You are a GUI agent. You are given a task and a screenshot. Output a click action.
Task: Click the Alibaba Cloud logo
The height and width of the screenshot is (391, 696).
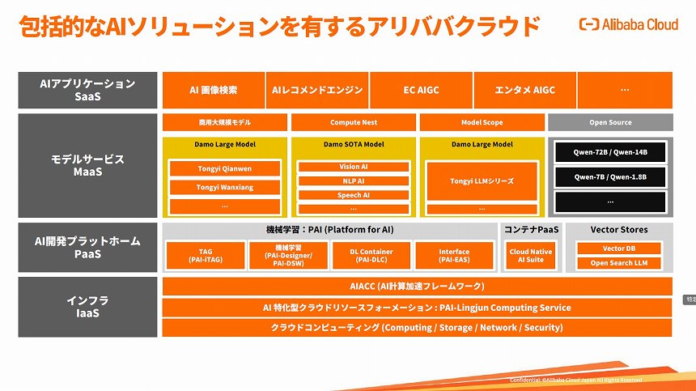click(628, 24)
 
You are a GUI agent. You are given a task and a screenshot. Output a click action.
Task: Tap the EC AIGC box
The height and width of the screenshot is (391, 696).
click(421, 90)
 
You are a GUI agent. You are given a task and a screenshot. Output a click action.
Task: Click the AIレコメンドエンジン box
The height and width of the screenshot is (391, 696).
click(317, 90)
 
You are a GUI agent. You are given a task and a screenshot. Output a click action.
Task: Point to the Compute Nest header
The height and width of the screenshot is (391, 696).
click(353, 122)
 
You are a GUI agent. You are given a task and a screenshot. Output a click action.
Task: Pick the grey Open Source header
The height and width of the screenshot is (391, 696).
click(610, 122)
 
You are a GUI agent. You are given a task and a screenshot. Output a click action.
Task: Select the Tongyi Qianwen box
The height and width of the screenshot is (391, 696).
click(225, 169)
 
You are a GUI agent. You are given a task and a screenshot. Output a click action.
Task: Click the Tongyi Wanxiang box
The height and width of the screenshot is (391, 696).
click(225, 187)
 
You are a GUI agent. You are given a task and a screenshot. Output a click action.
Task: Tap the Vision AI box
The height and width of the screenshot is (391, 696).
click(353, 167)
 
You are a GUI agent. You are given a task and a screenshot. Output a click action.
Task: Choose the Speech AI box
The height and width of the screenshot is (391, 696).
click(353, 195)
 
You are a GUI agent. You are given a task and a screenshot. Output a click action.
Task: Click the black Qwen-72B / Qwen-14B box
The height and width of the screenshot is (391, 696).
click(610, 152)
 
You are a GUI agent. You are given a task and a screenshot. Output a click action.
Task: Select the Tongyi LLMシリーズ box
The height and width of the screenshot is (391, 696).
click(482, 181)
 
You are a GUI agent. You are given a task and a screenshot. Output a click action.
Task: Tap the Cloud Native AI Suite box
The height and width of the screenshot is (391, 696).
click(531, 256)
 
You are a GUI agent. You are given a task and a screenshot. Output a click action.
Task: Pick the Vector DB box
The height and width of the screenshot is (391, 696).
click(618, 249)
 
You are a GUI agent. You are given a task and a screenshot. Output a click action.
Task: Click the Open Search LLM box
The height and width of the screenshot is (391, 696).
click(618, 263)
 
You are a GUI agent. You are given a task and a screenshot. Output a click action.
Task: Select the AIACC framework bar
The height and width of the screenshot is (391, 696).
click(417, 286)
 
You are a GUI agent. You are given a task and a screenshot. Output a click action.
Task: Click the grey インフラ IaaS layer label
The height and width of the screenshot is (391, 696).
click(87, 307)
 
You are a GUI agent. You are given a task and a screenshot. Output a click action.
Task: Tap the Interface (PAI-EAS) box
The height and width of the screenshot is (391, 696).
click(454, 256)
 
